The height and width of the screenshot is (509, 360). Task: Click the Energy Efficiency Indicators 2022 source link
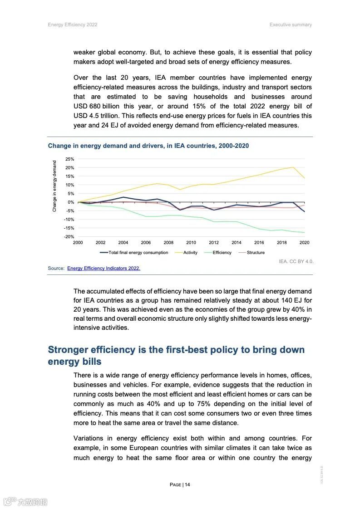click(104, 269)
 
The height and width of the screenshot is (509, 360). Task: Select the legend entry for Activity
click(190, 253)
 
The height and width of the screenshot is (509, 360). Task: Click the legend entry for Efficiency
click(222, 253)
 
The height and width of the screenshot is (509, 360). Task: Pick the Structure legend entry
click(256, 253)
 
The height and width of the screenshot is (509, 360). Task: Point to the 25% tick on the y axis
click(69, 159)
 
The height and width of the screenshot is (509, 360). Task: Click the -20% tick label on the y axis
click(69, 237)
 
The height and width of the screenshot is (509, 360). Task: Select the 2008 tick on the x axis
click(168, 243)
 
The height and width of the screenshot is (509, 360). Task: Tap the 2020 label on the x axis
click(304, 243)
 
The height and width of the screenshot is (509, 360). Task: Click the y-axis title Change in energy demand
click(54, 186)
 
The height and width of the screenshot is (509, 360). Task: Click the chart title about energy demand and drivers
click(148, 146)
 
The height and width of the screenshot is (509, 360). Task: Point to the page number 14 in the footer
click(187, 485)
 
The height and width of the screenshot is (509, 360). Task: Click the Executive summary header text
click(291, 24)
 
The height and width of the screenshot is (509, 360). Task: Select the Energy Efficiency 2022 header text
click(73, 24)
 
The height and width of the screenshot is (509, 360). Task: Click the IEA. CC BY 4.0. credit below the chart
click(296, 262)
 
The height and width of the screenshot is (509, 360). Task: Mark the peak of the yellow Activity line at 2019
click(293, 167)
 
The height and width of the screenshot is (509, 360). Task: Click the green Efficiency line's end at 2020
click(304, 232)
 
